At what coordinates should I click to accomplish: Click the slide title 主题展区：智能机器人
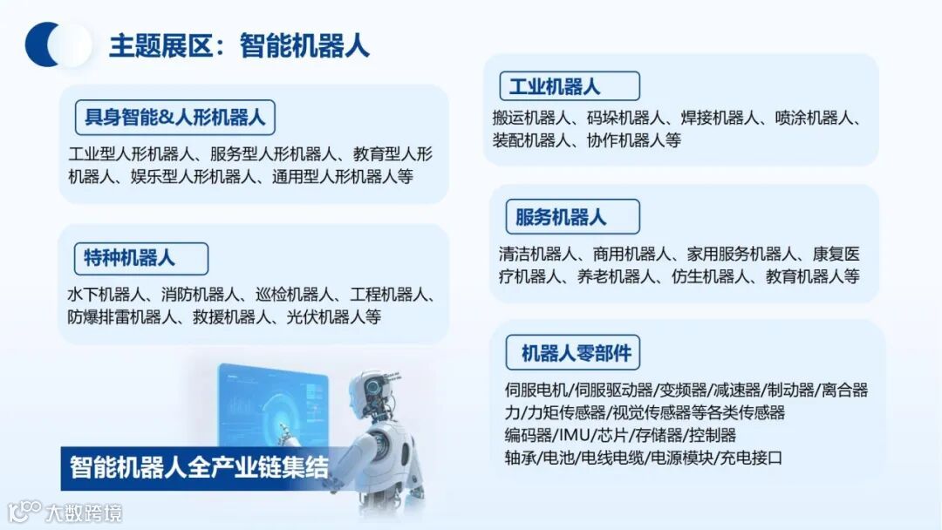point(238,45)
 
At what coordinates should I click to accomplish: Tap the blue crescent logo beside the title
point(58,45)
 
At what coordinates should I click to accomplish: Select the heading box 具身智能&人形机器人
point(175,115)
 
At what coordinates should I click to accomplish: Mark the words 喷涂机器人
point(813,118)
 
